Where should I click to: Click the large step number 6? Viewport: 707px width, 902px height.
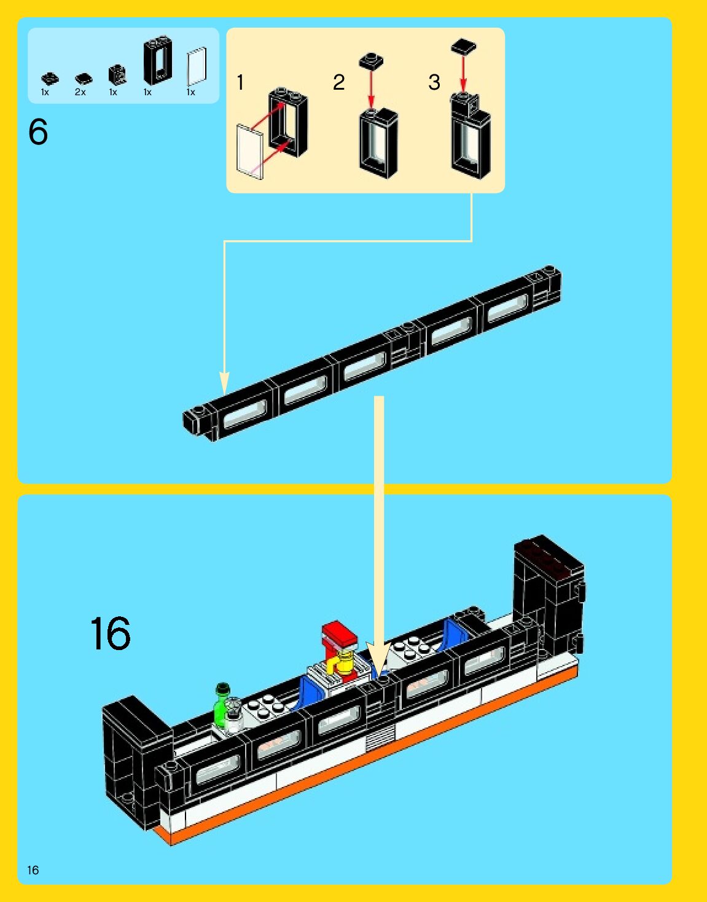(x=38, y=132)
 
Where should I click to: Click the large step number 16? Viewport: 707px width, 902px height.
(x=111, y=633)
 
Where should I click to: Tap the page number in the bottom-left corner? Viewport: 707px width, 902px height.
(x=33, y=870)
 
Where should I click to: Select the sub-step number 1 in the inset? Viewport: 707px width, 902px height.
(x=240, y=82)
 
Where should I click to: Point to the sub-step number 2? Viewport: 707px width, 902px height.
(x=338, y=82)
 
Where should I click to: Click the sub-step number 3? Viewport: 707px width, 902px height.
(x=434, y=82)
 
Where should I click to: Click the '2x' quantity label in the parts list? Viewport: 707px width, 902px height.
(x=80, y=92)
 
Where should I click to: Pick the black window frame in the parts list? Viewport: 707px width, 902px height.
(x=157, y=61)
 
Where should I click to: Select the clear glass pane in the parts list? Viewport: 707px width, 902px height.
(x=197, y=66)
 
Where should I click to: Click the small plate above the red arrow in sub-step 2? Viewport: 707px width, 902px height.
(x=371, y=61)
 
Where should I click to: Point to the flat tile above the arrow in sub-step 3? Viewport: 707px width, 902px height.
(x=463, y=47)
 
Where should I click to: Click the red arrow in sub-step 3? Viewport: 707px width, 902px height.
(x=463, y=74)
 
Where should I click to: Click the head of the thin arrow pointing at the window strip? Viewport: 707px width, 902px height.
(x=225, y=384)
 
